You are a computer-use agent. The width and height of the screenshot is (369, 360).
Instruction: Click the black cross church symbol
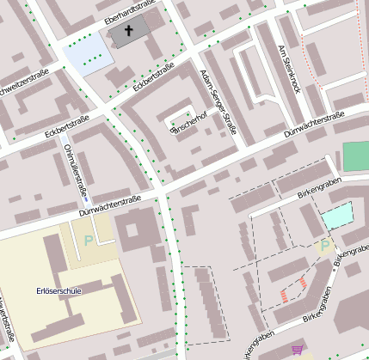point(130,31)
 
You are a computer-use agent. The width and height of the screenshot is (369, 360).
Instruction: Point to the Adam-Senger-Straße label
point(217,102)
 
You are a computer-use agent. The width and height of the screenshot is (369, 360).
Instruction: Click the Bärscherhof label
point(189,121)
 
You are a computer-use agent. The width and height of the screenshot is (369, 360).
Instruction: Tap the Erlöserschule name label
point(59,291)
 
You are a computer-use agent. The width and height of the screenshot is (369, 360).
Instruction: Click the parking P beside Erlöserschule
point(88,241)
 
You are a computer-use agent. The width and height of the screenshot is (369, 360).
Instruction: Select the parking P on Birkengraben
point(324,246)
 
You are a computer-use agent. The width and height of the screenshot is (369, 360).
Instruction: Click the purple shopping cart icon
point(298,350)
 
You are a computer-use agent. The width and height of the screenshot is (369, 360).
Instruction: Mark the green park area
point(355,156)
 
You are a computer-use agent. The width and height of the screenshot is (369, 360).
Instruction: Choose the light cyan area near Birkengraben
point(337,215)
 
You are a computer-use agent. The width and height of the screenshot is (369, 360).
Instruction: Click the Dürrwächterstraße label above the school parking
point(109,205)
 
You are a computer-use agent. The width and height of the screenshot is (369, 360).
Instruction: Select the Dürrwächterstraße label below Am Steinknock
point(313,125)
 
